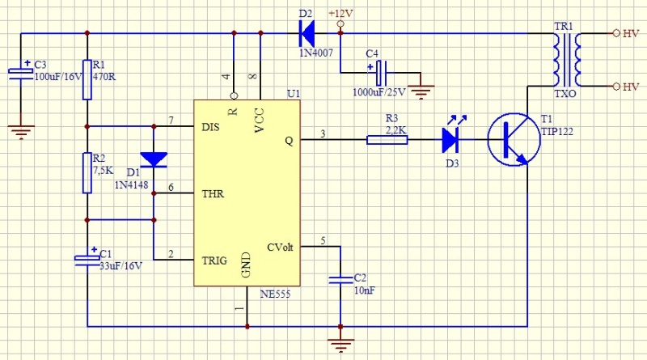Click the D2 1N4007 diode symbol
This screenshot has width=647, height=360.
307,33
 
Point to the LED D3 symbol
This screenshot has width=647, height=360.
451,140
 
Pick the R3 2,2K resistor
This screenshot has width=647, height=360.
386,140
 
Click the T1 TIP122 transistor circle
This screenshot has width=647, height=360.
514,139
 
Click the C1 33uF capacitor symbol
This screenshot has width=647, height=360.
87,259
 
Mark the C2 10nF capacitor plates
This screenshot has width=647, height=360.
340,280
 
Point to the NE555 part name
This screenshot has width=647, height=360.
276,294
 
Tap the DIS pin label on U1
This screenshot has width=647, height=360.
209,127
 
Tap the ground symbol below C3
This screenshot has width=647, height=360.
20,125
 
